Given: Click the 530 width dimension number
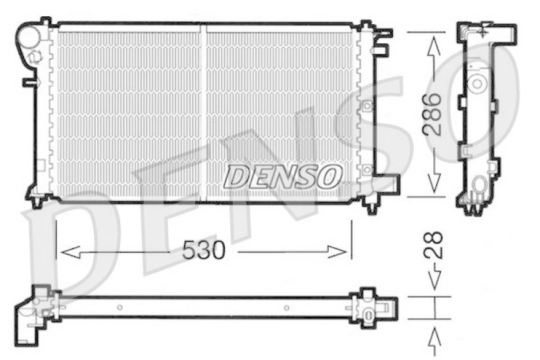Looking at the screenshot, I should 204,251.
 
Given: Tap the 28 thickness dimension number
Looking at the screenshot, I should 434,247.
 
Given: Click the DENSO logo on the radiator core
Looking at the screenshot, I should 282,177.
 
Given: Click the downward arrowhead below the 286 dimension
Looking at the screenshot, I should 434,180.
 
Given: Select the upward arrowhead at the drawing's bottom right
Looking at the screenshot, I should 434,334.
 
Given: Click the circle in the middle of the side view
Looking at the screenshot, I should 477,83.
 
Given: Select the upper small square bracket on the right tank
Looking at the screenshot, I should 367,106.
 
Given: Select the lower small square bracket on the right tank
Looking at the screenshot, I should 367,170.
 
